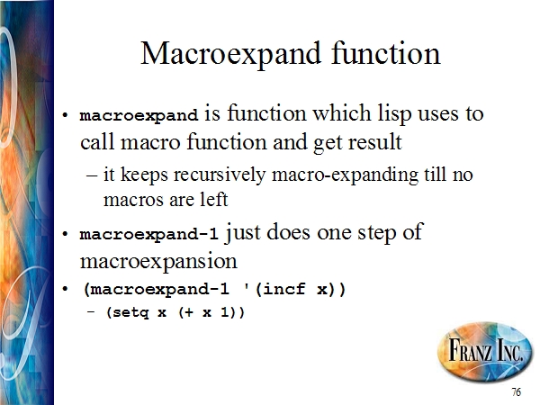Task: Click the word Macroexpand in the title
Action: pyautogui.click(x=230, y=54)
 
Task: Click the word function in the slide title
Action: pyautogui.click(x=386, y=53)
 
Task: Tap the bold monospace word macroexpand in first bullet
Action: pyautogui.click(x=139, y=116)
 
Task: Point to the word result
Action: pyautogui.click(x=374, y=142)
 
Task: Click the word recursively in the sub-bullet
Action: pyautogui.click(x=220, y=175)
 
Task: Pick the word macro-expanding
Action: pyautogui.click(x=345, y=175)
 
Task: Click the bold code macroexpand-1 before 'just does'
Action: pyautogui.click(x=148, y=234)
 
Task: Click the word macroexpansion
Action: pyautogui.click(x=158, y=261)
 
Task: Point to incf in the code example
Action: pyautogui.click(x=283, y=288)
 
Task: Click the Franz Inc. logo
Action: pyautogui.click(x=484, y=351)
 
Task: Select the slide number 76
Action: pyautogui.click(x=516, y=391)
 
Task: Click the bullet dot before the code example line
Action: pyautogui.click(x=65, y=289)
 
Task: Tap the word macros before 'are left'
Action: pyautogui.click(x=133, y=200)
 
